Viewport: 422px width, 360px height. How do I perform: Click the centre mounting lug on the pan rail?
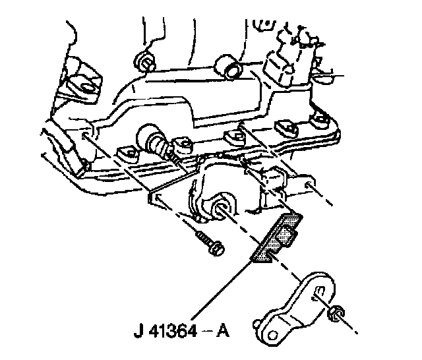pyautogui.click(x=231, y=136)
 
